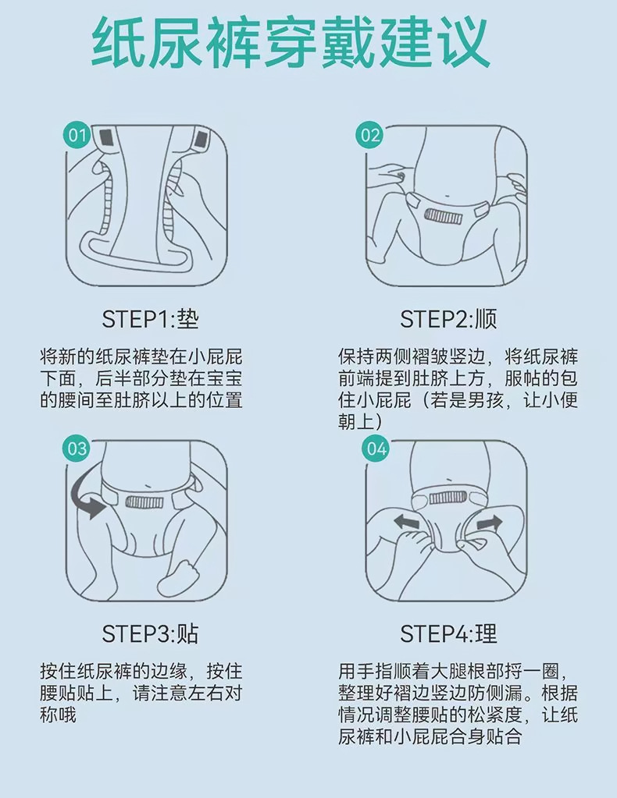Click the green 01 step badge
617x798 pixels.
pyautogui.click(x=77, y=136)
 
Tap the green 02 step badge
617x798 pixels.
pyautogui.click(x=369, y=136)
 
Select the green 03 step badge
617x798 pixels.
pyautogui.click(x=77, y=449)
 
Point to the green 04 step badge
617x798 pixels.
pyautogui.click(x=376, y=449)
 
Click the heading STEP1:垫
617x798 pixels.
pyautogui.click(x=150, y=320)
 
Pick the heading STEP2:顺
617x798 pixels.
pyautogui.click(x=448, y=320)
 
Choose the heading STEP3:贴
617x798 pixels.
pyautogui.click(x=150, y=633)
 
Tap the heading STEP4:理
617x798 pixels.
pyautogui.click(x=448, y=633)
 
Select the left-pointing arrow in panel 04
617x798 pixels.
pyautogui.click(x=407, y=522)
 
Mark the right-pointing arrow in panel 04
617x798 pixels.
pyautogui.click(x=489, y=523)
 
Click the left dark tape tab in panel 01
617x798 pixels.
pyautogui.click(x=106, y=137)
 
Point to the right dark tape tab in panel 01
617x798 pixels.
pyautogui.click(x=201, y=137)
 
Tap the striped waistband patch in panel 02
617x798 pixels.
pyautogui.click(x=444, y=216)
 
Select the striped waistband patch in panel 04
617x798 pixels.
pyautogui.click(x=448, y=497)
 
